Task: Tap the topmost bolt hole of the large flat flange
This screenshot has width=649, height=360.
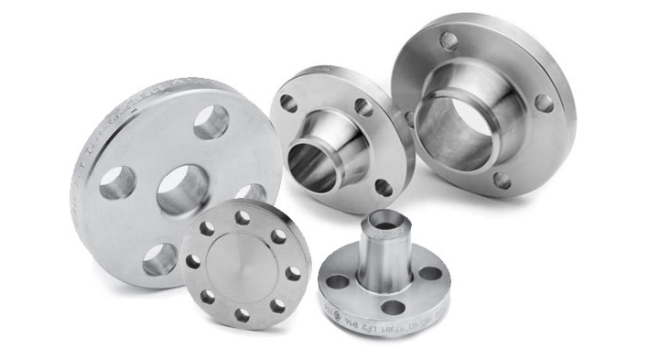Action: [211, 121]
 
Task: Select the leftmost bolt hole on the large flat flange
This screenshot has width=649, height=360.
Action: [117, 182]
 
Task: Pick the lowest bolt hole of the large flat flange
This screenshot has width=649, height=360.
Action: [159, 259]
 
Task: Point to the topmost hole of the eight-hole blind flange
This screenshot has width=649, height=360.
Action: [243, 218]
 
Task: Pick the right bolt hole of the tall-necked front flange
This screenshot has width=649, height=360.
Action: [428, 272]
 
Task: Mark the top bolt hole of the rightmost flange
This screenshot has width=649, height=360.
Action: [449, 41]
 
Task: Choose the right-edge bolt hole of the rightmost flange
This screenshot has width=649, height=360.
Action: [544, 103]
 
